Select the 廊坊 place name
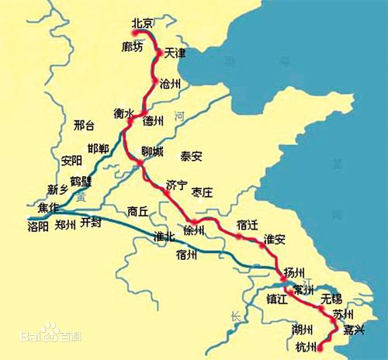click(132, 47)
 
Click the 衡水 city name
click(125, 111)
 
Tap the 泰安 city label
click(192, 155)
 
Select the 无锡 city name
click(331, 298)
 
